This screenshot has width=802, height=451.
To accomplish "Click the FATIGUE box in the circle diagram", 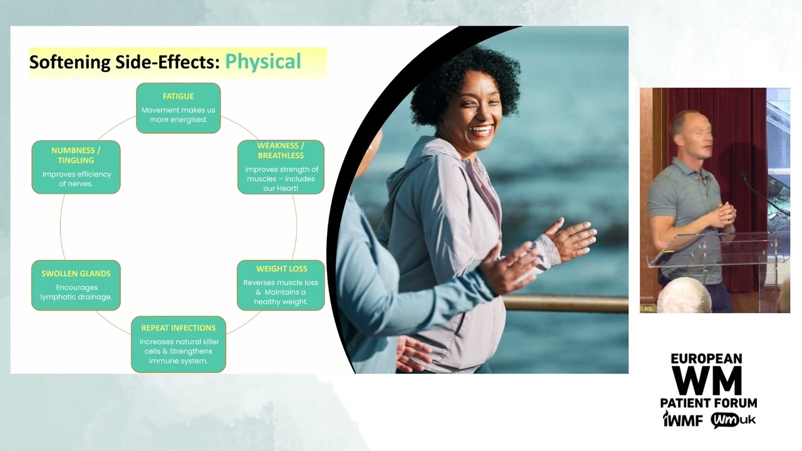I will coord(179,108).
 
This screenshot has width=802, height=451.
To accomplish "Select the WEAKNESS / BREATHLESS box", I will coord(281,167).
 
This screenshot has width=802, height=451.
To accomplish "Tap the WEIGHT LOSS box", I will coord(281,285).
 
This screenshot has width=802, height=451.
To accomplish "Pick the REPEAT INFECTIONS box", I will coord(179,344).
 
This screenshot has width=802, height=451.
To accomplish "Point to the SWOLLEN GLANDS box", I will coord(76,285).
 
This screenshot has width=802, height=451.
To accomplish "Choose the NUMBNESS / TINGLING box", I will coord(76,167).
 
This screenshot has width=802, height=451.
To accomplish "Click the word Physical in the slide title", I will coord(263,62).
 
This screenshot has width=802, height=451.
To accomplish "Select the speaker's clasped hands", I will coord(726,215).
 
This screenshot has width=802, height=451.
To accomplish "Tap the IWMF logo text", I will coord(683,420).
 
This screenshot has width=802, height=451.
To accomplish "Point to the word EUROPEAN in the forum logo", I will coord(707,359).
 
